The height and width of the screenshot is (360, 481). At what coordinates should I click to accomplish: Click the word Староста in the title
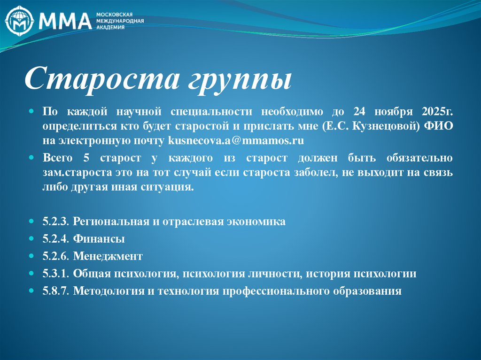click(x=94, y=78)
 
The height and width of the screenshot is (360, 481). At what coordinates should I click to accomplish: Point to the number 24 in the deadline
click(x=359, y=112)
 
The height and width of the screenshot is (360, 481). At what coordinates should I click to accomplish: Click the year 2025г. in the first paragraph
click(x=437, y=112)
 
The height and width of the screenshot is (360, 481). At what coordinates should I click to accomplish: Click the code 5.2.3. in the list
click(x=56, y=222)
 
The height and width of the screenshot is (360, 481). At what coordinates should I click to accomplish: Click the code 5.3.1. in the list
click(x=56, y=274)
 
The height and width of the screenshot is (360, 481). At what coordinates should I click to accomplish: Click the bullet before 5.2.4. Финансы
click(x=31, y=239)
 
